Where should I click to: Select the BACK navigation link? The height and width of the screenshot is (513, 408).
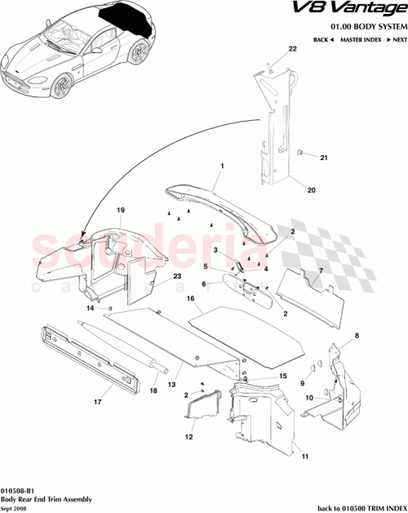point(321,39)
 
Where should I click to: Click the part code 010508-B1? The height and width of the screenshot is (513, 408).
point(18,489)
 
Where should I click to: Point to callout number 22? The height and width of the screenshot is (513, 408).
point(291,49)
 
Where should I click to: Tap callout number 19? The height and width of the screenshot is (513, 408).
point(120,210)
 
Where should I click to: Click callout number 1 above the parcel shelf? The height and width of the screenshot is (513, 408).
point(220,166)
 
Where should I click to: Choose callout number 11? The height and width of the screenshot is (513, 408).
point(305,459)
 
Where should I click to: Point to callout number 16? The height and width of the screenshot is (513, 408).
point(191,300)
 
